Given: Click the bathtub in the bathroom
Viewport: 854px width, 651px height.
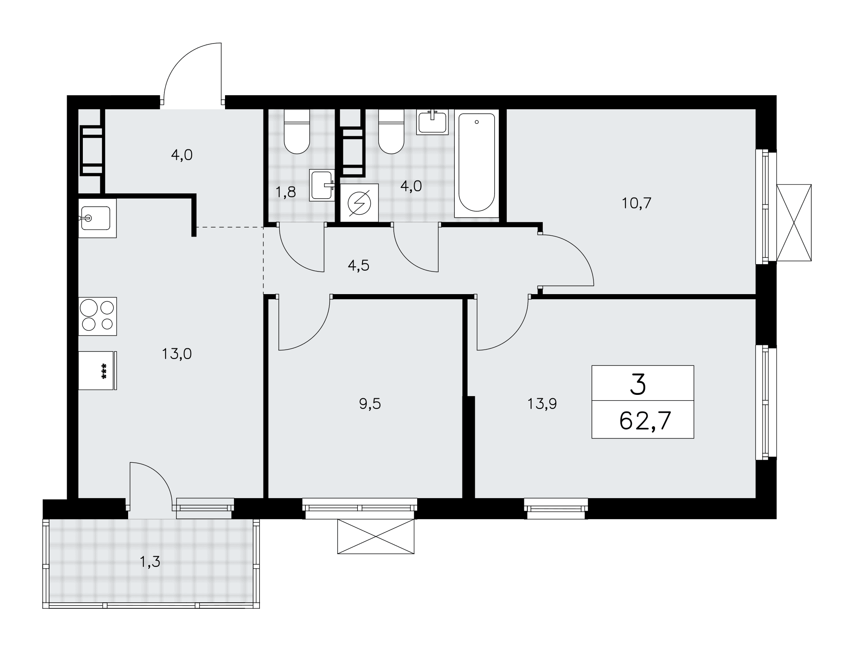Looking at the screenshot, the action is (476, 163).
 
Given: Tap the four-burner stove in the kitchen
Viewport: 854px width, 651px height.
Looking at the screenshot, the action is (97, 316).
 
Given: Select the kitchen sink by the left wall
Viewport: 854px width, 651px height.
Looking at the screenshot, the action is (97, 218).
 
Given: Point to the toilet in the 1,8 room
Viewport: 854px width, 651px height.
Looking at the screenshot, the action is (297, 131).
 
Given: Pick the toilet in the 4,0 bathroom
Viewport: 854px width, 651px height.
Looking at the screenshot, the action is (391, 131).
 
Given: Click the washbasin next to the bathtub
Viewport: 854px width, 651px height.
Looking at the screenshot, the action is (433, 122).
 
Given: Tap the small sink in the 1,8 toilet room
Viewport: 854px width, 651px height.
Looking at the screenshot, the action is (322, 185).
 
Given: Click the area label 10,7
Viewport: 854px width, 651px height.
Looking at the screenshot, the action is (636, 203).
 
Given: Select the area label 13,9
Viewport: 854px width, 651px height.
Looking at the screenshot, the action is (542, 404).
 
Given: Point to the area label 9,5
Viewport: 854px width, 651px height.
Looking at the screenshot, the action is (370, 404).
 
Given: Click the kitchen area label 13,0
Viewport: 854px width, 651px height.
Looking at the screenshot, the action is (177, 354).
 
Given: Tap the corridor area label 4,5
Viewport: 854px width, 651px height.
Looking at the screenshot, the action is (359, 266).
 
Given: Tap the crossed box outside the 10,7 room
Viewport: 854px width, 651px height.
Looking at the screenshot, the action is (794, 222).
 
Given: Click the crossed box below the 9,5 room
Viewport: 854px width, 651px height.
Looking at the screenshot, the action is (376, 536).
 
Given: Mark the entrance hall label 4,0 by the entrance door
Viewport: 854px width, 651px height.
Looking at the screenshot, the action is (182, 155).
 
